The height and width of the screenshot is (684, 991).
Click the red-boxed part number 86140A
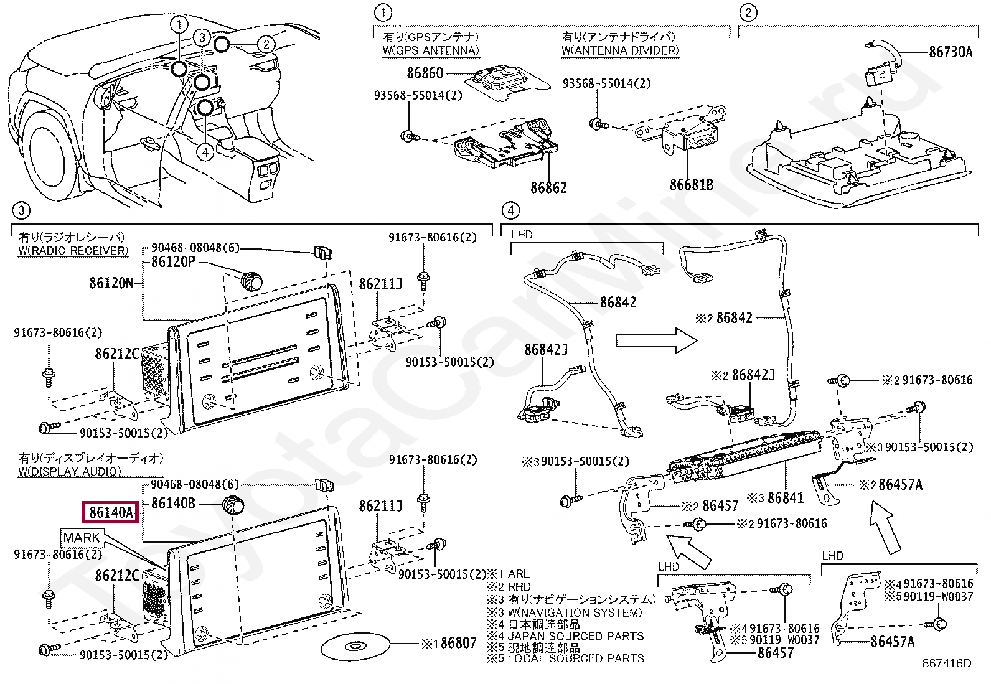point(111,512)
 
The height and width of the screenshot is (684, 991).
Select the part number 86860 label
point(425,73)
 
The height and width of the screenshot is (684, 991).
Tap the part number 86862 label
point(548,187)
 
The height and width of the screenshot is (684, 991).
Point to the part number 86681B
point(691,185)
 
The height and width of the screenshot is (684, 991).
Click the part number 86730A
point(950,52)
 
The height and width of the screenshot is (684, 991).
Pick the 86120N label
point(111,283)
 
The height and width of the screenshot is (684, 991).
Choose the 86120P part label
point(173,262)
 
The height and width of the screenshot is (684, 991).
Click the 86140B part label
point(173,503)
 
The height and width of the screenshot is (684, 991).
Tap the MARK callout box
point(82,538)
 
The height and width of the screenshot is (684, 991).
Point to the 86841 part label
point(785,497)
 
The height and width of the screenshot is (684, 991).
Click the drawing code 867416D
point(946,663)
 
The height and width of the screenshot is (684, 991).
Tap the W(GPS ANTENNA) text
point(431,50)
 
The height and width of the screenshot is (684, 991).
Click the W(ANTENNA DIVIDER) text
point(620,50)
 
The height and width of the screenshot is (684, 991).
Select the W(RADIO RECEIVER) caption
point(73,251)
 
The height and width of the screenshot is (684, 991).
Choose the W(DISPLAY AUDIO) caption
point(69,471)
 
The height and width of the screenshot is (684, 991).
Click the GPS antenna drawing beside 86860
point(507,81)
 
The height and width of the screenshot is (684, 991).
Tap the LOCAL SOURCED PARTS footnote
point(575,658)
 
